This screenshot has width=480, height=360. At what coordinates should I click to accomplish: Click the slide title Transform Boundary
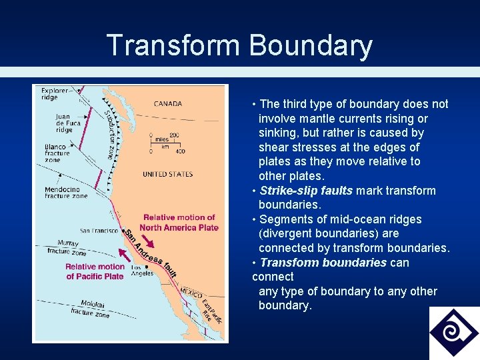pos(239,45)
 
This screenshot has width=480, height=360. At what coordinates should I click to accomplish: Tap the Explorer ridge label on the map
pos(54,93)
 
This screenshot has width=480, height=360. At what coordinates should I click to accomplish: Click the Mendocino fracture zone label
pos(65,193)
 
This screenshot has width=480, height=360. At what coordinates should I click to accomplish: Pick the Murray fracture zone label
pos(66,248)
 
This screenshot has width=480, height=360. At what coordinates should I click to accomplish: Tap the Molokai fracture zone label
pos(89,308)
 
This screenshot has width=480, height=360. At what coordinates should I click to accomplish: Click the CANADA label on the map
pos(167,104)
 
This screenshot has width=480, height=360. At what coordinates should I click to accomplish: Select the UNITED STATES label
pos(167,175)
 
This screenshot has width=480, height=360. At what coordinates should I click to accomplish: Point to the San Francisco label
pos(99,231)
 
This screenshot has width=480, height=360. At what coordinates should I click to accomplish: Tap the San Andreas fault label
pos(151,254)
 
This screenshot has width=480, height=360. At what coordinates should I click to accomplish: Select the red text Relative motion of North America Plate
pos(179,223)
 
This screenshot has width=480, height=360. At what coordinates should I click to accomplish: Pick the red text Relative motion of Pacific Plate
pos(95,271)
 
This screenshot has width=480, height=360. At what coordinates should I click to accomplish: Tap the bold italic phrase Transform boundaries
pos(323,262)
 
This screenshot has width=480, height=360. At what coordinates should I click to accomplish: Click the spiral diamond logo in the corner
pos(453,332)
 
